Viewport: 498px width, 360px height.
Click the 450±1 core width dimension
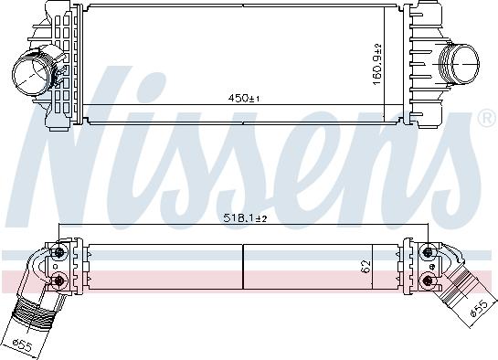(244, 99)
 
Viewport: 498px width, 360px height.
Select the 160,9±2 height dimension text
(377, 65)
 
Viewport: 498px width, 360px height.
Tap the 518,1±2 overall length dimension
(245, 218)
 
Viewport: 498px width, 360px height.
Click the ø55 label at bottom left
(23, 345)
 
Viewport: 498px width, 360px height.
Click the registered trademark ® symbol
(488, 119)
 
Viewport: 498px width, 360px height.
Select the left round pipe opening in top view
(31, 75)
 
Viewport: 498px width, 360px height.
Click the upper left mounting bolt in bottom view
(59, 252)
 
